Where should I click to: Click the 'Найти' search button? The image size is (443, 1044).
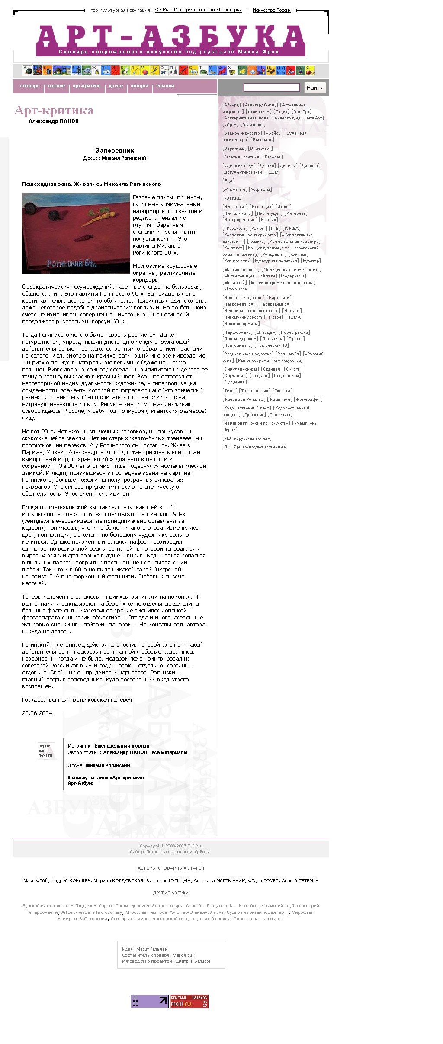point(315,87)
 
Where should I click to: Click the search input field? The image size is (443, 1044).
point(271,87)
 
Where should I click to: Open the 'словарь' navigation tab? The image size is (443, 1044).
point(29,86)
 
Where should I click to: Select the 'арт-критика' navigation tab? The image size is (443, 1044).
point(87,86)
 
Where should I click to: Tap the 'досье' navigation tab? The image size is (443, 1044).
point(116,86)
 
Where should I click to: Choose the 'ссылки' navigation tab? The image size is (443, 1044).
point(165,86)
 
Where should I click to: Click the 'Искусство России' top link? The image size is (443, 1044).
point(272,10)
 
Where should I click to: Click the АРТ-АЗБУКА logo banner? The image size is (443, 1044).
point(170,40)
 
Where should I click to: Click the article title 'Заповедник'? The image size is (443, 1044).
point(115,151)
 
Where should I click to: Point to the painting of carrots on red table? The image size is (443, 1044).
point(76,233)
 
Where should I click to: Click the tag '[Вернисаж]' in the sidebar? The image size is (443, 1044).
point(234,148)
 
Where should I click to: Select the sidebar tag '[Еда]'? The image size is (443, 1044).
point(228,180)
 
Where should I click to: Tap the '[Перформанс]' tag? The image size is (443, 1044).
point(238,332)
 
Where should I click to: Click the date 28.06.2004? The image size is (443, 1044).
point(37,713)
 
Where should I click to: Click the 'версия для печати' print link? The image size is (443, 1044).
point(45,751)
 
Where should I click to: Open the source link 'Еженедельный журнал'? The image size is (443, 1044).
point(122,746)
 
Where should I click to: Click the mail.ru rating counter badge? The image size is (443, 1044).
point(189,1001)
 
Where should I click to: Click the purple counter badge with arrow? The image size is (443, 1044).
point(149,1001)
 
